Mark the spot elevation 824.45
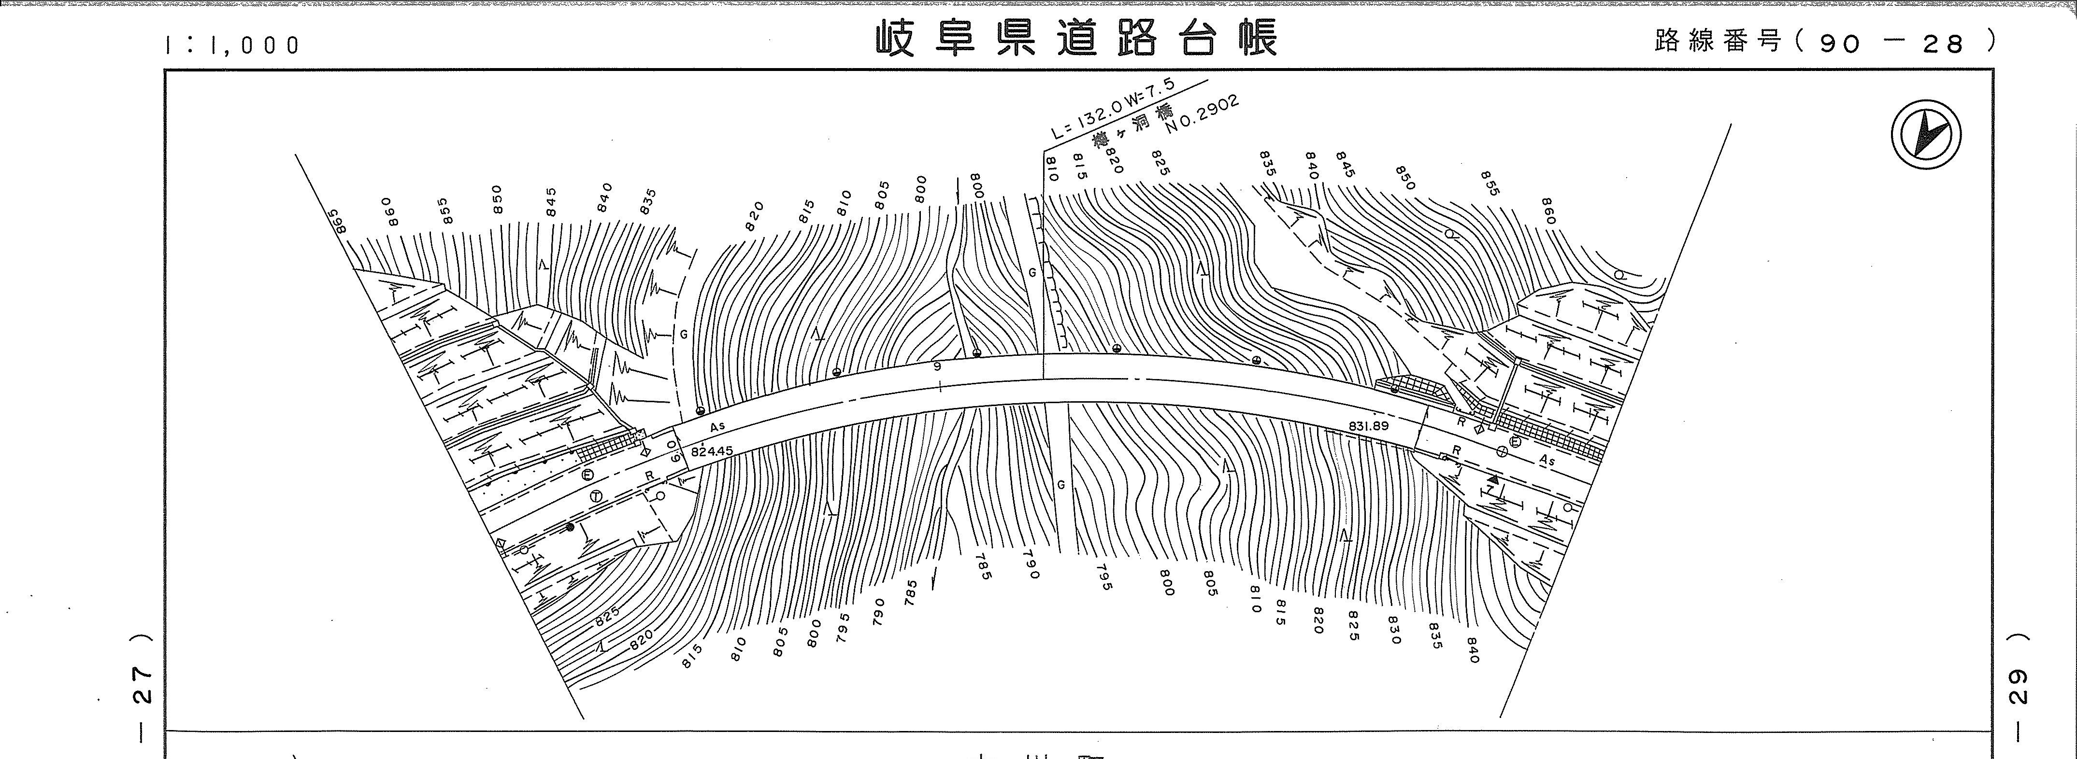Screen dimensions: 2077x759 (x=712, y=451)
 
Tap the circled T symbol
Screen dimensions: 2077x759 (x=596, y=495)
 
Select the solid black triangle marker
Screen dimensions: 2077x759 (x=1491, y=480)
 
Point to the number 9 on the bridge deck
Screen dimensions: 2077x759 (x=937, y=366)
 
